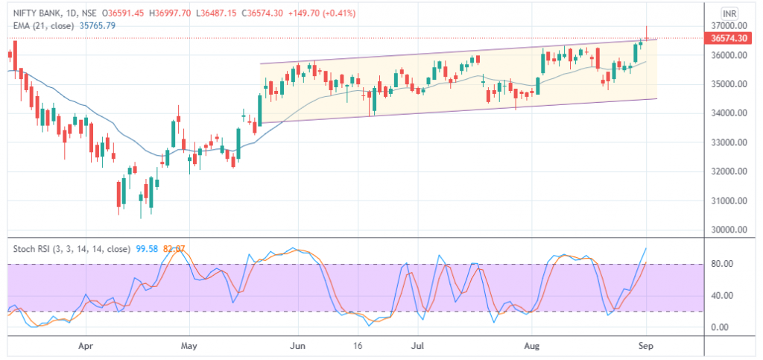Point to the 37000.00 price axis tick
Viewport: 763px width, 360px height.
click(729, 26)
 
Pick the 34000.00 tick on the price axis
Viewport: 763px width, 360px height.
click(729, 113)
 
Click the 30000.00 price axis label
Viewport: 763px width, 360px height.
click(729, 230)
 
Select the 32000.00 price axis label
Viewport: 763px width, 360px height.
click(729, 172)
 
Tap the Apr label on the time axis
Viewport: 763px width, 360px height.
click(86, 347)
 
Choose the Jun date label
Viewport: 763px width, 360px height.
click(298, 347)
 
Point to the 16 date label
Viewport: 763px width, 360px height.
click(358, 347)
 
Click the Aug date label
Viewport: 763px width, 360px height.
click(531, 347)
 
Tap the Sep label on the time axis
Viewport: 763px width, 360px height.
click(646, 347)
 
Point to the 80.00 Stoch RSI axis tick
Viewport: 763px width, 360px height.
click(726, 264)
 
